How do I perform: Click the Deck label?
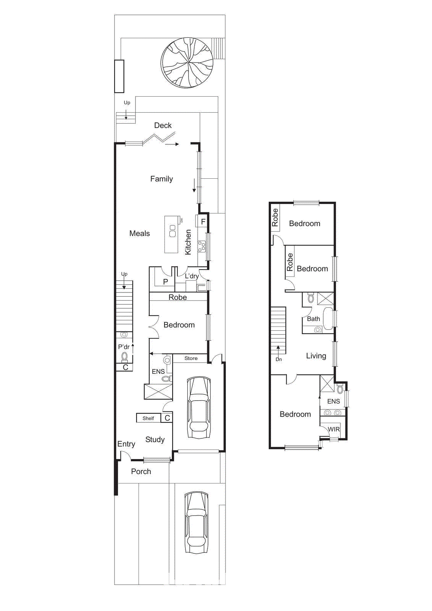click(163, 125)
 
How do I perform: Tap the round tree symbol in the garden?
click(187, 63)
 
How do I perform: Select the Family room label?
click(161, 179)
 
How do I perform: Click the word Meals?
click(139, 233)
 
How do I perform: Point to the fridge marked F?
click(203, 221)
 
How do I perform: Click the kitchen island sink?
click(172, 231)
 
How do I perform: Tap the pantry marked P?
click(165, 281)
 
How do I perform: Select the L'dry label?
click(192, 276)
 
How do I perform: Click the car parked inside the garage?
click(198, 408)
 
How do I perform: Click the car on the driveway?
click(196, 522)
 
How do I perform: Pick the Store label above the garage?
click(191, 358)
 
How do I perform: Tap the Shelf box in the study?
click(148, 418)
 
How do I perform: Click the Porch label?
click(141, 471)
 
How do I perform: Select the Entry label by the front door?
click(126, 444)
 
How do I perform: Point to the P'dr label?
click(124, 347)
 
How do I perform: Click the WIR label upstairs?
click(334, 429)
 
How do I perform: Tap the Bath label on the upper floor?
click(313, 319)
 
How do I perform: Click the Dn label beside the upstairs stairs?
click(279, 359)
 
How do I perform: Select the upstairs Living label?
click(316, 356)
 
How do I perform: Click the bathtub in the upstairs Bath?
click(327, 318)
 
